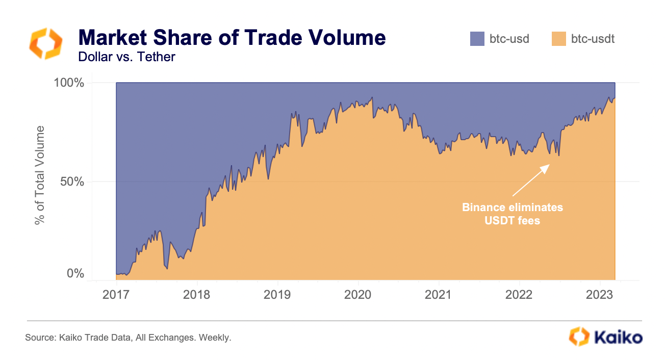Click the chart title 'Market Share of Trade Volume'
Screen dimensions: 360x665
[232, 38]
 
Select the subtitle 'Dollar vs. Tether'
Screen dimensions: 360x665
[126, 57]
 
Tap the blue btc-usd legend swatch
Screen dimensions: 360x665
[477, 38]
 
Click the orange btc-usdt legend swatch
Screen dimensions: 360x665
[559, 38]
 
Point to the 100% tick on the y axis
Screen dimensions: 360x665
[69, 83]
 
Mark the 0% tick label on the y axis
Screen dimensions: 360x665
[75, 274]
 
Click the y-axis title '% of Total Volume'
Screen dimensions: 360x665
[40, 175]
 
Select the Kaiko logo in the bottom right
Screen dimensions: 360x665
[605, 337]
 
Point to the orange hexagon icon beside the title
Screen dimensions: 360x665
[46, 44]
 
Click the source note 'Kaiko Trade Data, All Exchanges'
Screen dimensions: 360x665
[128, 338]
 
